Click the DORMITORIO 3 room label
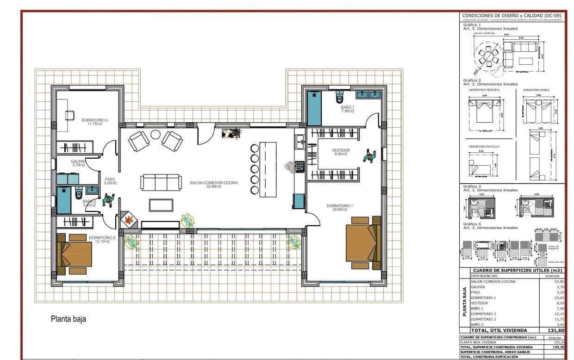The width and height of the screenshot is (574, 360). (94, 122)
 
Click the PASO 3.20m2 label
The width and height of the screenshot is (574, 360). (110, 181)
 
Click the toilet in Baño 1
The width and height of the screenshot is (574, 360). (340, 97)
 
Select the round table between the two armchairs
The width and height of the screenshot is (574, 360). (155, 135)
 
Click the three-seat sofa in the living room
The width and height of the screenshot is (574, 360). (161, 182)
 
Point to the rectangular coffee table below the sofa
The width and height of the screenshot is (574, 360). (161, 205)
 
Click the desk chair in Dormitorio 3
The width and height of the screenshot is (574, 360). (70, 115)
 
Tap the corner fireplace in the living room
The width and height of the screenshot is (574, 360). (129, 219)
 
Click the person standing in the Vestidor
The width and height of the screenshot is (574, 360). (369, 155)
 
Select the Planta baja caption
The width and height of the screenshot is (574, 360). (68, 319)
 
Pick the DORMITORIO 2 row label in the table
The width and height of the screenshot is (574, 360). (483, 314)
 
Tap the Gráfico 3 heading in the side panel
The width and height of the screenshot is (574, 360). (473, 186)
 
